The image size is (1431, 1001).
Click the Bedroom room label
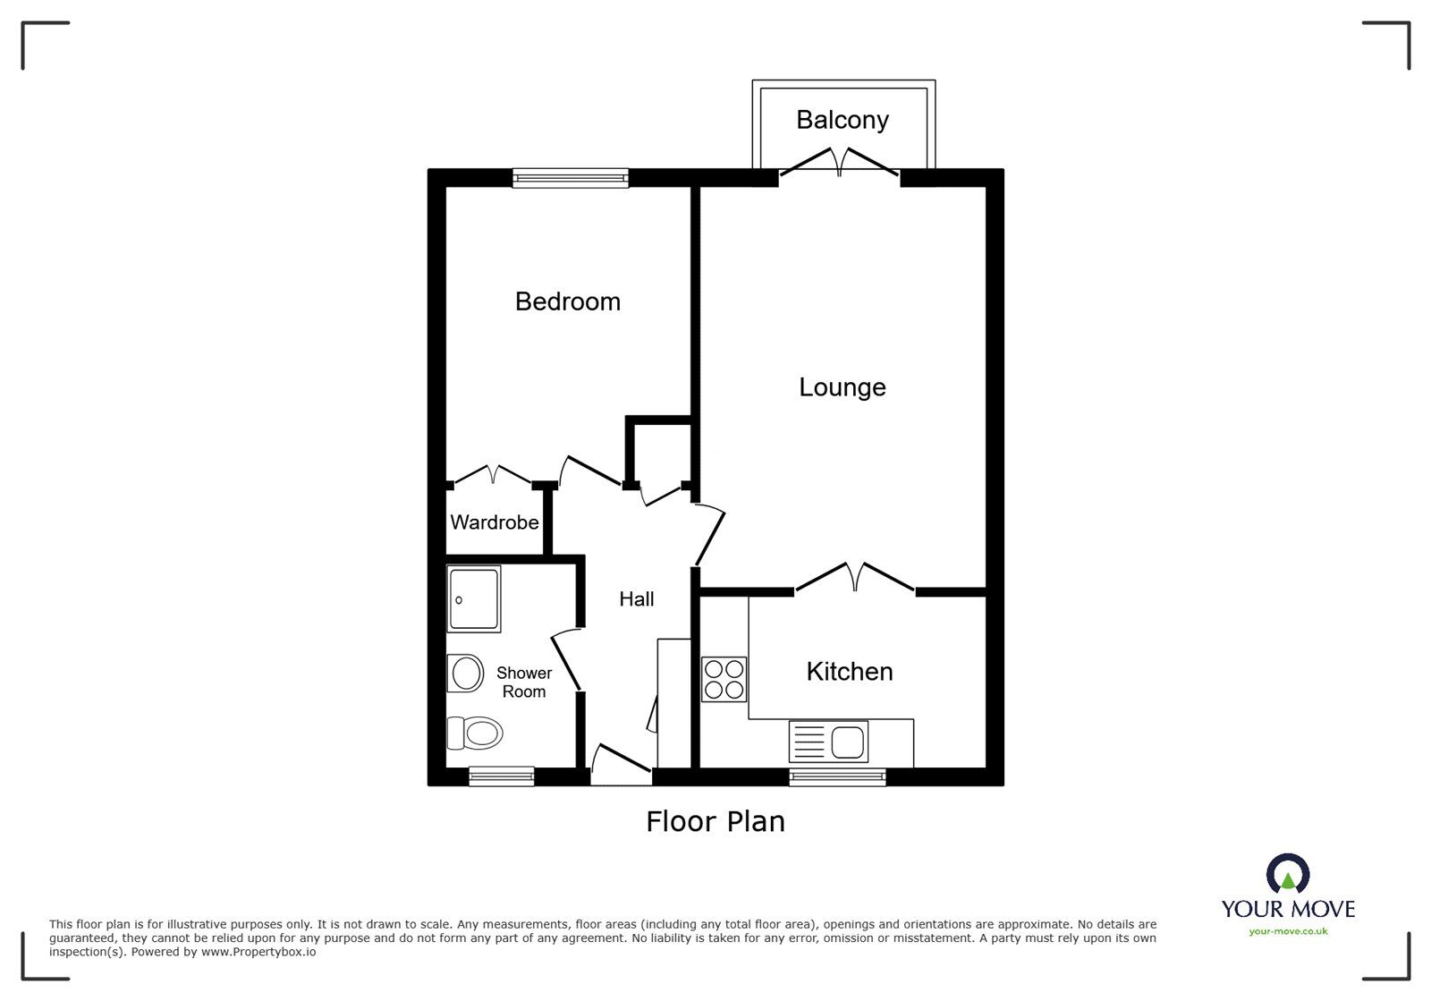coord(567,301)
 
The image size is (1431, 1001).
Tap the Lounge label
coord(842,387)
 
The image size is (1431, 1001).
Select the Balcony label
coord(843,120)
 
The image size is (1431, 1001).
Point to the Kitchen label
coord(849,672)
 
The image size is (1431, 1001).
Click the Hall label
coord(637,599)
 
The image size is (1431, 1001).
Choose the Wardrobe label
coord(494,522)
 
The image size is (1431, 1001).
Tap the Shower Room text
coord(524,683)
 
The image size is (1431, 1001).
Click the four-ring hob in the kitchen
coord(724,680)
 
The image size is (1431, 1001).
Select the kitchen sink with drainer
coord(828,742)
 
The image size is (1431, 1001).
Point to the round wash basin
coord(466,674)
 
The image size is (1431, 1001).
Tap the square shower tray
coord(473,599)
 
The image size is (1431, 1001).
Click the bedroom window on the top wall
coord(571,178)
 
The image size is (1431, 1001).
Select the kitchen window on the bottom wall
coord(837,776)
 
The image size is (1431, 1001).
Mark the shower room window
coord(502,776)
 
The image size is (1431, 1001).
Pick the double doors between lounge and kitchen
coord(855,578)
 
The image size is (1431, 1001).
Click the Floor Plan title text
coord(715,821)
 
